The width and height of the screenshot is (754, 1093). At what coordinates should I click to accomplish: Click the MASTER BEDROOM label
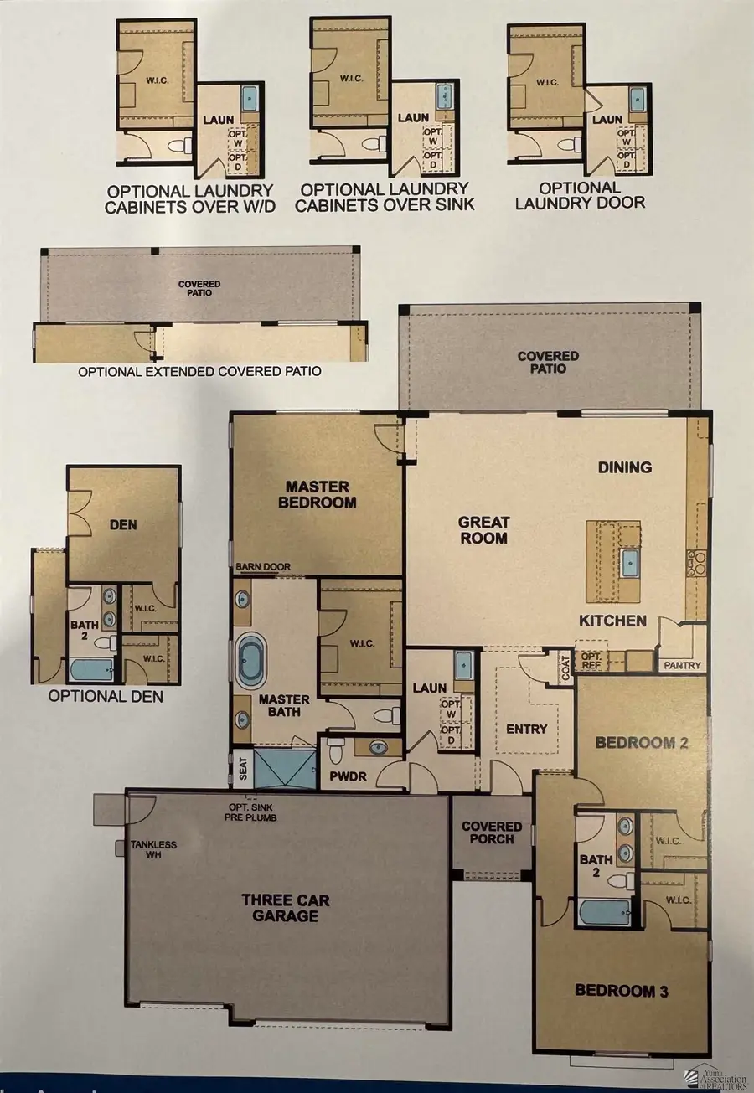pyautogui.click(x=318, y=494)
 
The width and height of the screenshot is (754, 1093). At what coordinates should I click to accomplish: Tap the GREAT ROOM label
pyautogui.click(x=483, y=530)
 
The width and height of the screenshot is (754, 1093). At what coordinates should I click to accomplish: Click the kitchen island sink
pyautogui.click(x=630, y=563)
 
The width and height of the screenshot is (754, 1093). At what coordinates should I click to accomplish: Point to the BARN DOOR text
pyautogui.click(x=263, y=566)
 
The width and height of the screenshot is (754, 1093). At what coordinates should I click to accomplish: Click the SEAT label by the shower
pyautogui.click(x=243, y=768)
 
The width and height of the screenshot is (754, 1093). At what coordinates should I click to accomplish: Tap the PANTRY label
pyautogui.click(x=682, y=665)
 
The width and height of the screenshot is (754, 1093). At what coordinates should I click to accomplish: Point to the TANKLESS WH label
pyautogui.click(x=153, y=849)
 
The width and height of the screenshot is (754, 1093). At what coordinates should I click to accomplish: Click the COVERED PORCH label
pyautogui.click(x=491, y=833)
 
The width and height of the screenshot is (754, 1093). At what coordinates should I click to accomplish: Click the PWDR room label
pyautogui.click(x=348, y=776)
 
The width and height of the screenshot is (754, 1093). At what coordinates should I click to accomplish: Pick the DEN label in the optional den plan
pyautogui.click(x=123, y=525)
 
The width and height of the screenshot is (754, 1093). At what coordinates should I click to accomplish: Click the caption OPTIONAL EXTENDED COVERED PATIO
pyautogui.click(x=199, y=372)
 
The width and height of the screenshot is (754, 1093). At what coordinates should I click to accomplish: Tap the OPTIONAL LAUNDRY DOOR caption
pyautogui.click(x=581, y=195)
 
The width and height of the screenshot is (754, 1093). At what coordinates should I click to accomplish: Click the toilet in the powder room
pyautogui.click(x=336, y=752)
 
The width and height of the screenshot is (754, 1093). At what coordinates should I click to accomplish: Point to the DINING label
pyautogui.click(x=625, y=467)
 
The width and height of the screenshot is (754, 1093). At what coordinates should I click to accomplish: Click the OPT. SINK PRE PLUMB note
pyautogui.click(x=250, y=812)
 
